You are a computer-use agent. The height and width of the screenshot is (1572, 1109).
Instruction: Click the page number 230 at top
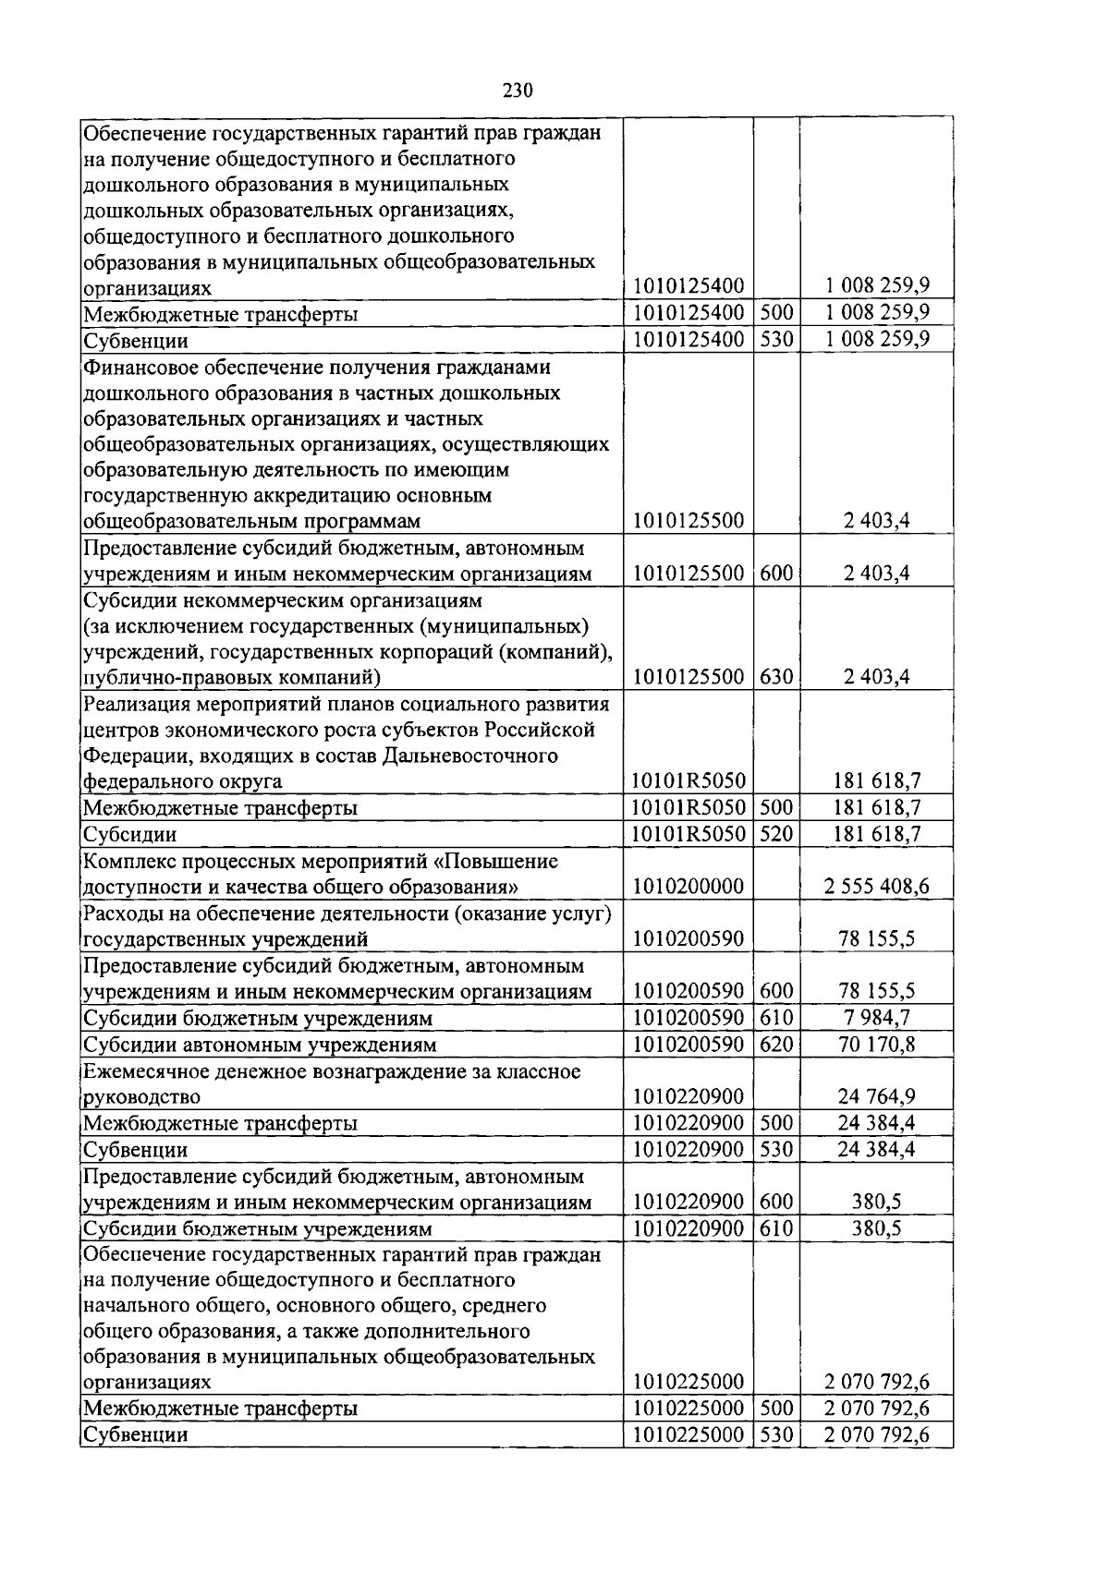coord(518,91)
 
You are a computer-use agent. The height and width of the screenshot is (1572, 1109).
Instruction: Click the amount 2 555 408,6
coord(876,887)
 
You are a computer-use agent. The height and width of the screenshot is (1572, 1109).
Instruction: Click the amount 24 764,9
coord(876,1097)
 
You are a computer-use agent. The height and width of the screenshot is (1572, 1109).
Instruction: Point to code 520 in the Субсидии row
coord(776,834)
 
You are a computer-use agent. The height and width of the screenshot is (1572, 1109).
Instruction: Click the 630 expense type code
coord(776,676)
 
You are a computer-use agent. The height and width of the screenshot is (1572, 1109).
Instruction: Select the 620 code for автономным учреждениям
coord(776,1045)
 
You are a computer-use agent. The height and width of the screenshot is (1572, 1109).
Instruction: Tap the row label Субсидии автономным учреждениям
coord(260,1045)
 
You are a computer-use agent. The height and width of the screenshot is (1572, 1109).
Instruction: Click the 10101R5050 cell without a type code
coord(688,781)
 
